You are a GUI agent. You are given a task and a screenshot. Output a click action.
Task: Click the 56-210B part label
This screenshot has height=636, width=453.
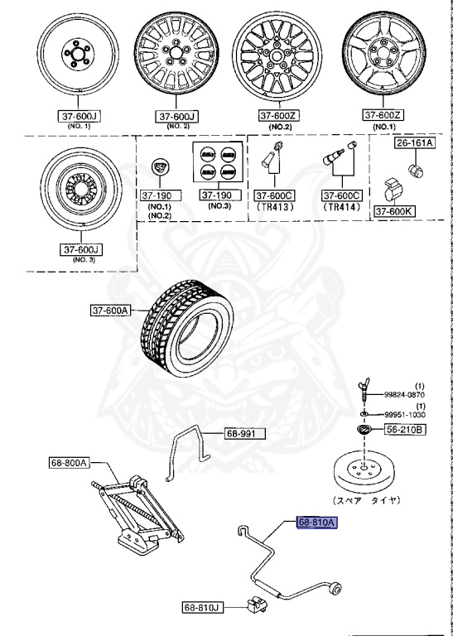(404, 430)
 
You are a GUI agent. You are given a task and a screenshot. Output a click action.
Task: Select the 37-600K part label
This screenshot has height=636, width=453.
(394, 211)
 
